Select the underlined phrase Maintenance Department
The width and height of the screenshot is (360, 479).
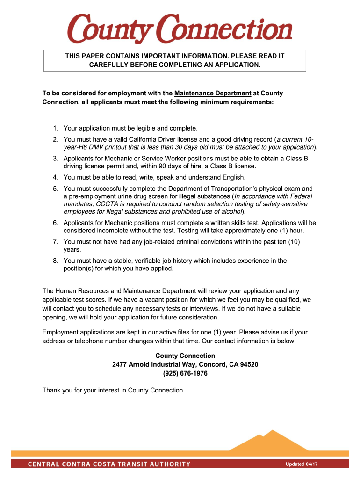click(213, 94)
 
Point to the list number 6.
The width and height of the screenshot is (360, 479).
click(55, 223)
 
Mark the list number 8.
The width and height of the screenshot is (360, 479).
click(55, 261)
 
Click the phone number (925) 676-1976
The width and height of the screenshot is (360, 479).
click(185, 373)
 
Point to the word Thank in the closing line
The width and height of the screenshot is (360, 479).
click(51, 390)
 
